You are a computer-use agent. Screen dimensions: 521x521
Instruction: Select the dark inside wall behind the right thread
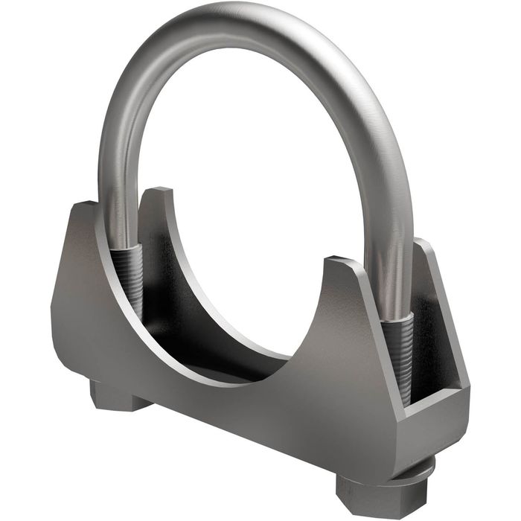tap(424, 335)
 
